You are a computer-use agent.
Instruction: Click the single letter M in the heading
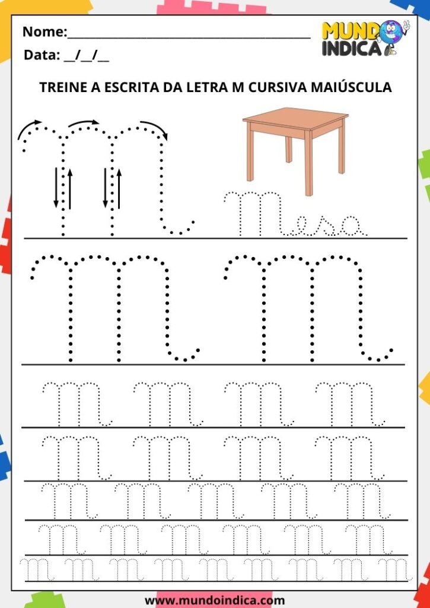pos(238,87)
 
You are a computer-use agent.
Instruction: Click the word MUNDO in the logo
pos(351,31)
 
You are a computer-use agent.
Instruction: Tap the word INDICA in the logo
pos(352,49)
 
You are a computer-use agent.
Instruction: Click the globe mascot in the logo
pos(392,37)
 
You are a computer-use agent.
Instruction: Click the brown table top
pos(295,118)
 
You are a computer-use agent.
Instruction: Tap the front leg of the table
pos(309,163)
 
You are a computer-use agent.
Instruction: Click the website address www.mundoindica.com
pos(215,601)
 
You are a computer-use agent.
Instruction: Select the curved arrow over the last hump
pos(155,128)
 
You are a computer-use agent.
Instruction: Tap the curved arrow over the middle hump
pos(84,123)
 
